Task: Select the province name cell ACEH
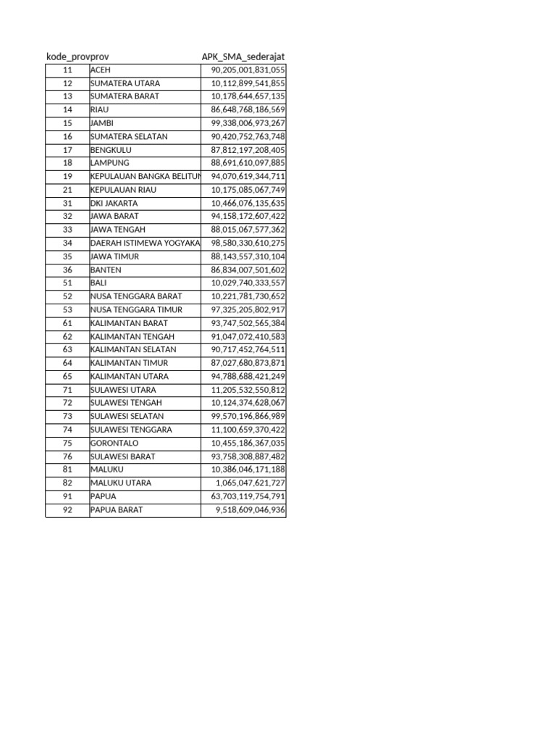pyautogui.click(x=145, y=70)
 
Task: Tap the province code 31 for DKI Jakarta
pyautogui.click(x=67, y=204)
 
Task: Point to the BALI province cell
pyautogui.click(x=145, y=283)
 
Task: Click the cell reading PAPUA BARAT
pyautogui.click(x=145, y=510)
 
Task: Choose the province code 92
pyautogui.click(x=67, y=510)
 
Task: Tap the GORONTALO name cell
pyautogui.click(x=145, y=443)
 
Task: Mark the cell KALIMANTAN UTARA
pyautogui.click(x=145, y=377)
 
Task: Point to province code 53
pyautogui.click(x=67, y=310)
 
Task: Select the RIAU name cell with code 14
pyautogui.click(x=145, y=110)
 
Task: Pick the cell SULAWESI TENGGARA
pyautogui.click(x=145, y=430)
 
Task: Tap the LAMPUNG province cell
pyautogui.click(x=145, y=163)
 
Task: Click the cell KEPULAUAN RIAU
pyautogui.click(x=145, y=190)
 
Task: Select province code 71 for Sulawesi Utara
pyautogui.click(x=67, y=390)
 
